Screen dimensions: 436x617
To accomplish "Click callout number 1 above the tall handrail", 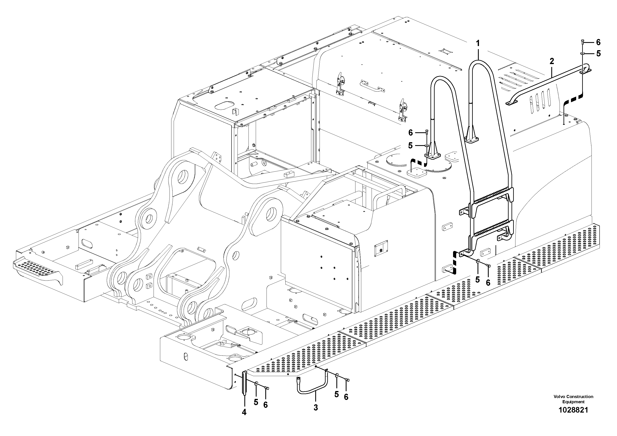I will pos(478,43).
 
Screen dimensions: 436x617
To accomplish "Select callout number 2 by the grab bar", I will pos(552,61).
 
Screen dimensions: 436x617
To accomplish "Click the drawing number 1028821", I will pos(573,418).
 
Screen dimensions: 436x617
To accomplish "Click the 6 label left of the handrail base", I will pos(410,132).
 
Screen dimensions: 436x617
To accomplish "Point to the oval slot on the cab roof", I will pos(224,105).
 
